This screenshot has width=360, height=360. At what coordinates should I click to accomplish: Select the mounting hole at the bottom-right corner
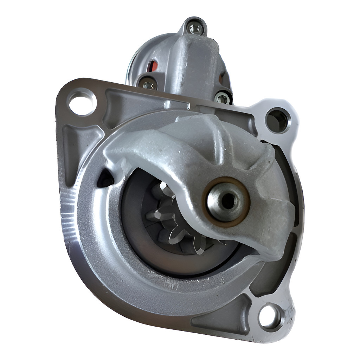[271, 317]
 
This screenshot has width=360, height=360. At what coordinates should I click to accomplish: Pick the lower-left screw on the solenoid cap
[148, 84]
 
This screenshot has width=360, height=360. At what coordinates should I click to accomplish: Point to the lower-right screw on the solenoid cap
[222, 98]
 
